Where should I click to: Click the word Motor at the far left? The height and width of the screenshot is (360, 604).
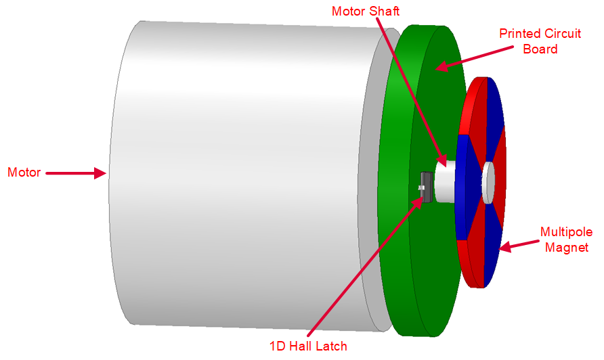(x=24, y=173)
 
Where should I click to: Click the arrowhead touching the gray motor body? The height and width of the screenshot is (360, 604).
(x=102, y=173)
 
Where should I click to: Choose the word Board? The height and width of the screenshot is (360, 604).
(x=540, y=49)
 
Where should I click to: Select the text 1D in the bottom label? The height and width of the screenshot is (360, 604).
(x=278, y=346)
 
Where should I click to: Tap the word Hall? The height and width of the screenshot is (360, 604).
(x=303, y=346)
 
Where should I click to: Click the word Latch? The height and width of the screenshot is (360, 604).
(x=332, y=346)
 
